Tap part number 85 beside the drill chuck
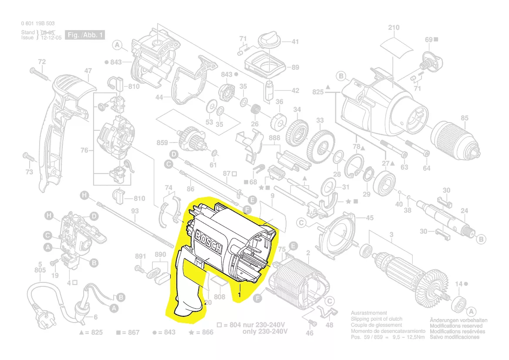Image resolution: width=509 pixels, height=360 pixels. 465,118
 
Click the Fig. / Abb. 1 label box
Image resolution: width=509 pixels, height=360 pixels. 85,35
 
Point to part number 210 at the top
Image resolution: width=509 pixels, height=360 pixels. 393,28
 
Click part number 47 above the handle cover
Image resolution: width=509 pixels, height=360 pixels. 88,71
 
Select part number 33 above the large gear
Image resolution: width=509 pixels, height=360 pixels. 320,120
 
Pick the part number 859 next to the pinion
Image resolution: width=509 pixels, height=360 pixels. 162,143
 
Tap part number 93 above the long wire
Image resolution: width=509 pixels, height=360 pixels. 135,211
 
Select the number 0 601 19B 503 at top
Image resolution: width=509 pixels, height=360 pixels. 37,24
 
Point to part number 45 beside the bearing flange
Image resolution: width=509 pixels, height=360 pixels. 369,217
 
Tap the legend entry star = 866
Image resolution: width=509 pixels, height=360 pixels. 201,333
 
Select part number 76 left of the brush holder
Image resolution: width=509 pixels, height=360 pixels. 84,150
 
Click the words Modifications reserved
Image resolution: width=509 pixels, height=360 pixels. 456,326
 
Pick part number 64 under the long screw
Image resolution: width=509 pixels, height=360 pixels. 426,168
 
